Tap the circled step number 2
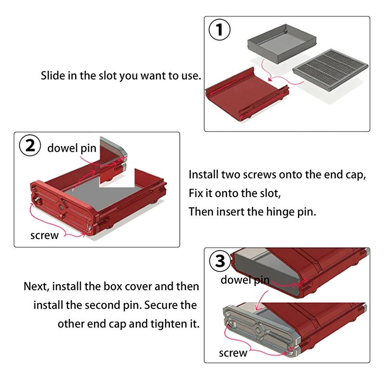30,146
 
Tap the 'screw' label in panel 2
44,235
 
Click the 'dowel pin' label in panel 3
244,280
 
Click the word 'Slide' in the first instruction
52,76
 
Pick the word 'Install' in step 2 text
204,175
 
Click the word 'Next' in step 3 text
36,287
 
